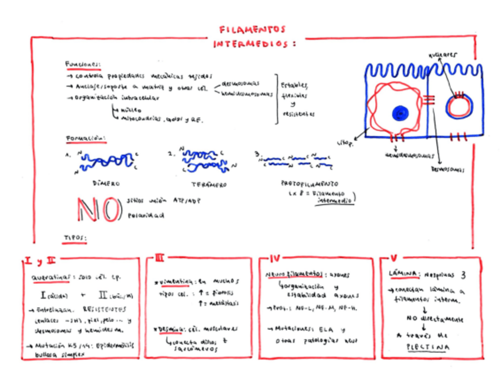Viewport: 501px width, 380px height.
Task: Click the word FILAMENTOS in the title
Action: [252, 29]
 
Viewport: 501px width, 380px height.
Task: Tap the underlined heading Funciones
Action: [83, 64]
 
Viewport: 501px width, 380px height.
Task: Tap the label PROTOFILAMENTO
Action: [310, 183]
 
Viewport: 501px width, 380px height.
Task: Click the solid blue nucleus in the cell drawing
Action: [401, 113]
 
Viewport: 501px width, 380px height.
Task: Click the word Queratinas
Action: [50, 277]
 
